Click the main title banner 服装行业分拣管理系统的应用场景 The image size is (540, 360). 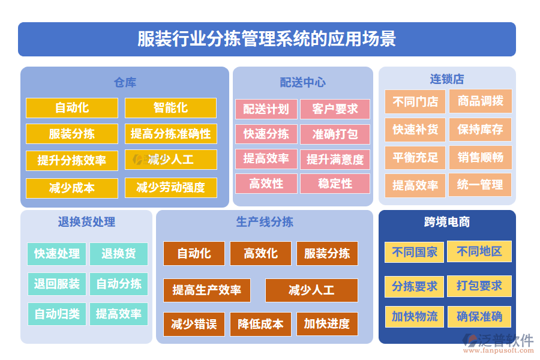[x=266, y=39]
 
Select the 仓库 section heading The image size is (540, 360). [x=125, y=82]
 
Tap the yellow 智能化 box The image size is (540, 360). [x=170, y=108]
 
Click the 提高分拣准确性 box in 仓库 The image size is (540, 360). [x=170, y=134]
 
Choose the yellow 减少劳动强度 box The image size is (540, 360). [x=170, y=188]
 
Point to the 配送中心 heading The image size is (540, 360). [x=302, y=82]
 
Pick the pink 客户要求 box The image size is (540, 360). [x=335, y=109]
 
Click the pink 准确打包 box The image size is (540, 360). [x=335, y=134]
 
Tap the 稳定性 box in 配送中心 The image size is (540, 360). [x=335, y=184]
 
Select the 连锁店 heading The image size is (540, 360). [x=446, y=79]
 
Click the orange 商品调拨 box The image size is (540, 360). [x=480, y=101]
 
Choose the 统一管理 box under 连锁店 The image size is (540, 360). [x=480, y=185]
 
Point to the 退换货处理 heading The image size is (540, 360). [x=86, y=222]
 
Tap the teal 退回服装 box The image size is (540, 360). [x=57, y=284]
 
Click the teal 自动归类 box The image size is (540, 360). [x=57, y=314]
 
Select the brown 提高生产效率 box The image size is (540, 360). [x=207, y=290]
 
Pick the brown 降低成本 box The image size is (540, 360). [x=260, y=324]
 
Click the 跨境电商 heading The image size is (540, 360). [x=446, y=222]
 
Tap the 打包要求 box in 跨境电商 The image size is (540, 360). [x=479, y=286]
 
